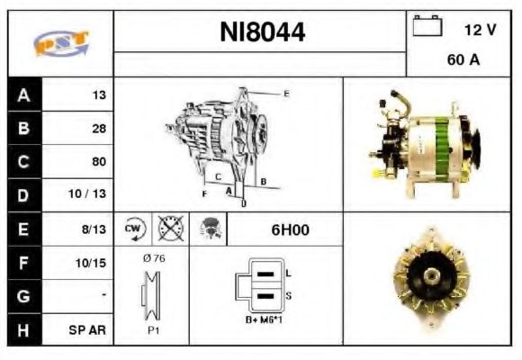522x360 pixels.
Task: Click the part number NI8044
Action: coord(263,33)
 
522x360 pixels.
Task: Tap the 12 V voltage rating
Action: coord(480,29)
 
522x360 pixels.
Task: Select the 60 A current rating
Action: coord(462,61)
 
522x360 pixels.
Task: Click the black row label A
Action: coord(24,94)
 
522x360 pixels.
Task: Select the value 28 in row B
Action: coord(98,129)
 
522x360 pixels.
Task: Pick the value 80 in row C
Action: coord(98,162)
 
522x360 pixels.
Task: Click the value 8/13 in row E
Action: coord(94,229)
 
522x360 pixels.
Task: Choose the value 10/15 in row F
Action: coord(93,263)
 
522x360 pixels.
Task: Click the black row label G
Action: coord(24,295)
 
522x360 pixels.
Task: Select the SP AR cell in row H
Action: coord(89,329)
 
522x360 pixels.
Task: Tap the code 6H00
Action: coord(290,229)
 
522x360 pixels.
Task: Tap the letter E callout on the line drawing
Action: coord(286,94)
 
